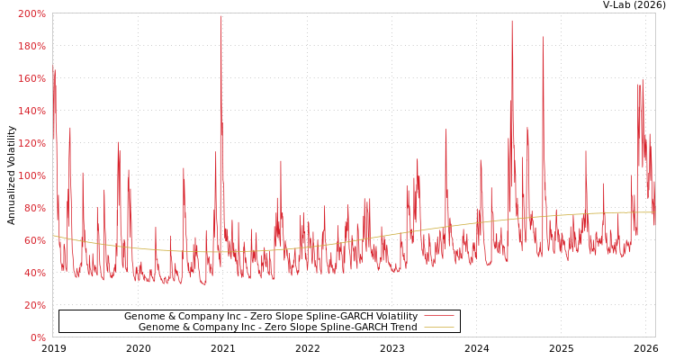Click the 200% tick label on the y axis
click(31, 14)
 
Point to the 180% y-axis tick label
click(31, 47)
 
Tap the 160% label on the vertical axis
click(31, 79)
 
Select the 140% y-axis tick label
click(31, 112)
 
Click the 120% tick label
click(31, 144)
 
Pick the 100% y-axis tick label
click(31, 176)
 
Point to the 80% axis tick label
click(34, 209)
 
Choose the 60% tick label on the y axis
click(34, 241)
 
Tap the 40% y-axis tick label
click(34, 274)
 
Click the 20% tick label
click(34, 306)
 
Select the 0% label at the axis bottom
click(38, 338)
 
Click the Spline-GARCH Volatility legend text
click(270, 317)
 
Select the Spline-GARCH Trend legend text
click(277, 328)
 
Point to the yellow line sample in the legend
click(438, 328)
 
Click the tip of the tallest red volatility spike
click(220, 16)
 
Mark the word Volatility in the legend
click(395, 317)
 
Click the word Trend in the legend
click(402, 328)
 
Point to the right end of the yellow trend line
click(654, 212)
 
